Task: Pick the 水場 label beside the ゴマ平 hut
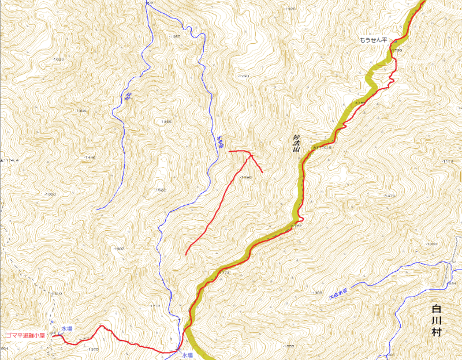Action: click(67, 329)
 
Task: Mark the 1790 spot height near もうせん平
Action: click(396, 51)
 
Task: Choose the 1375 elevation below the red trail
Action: click(92, 350)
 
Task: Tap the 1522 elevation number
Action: click(161, 190)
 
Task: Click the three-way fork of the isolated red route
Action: click(252, 155)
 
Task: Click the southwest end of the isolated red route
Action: click(186, 254)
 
